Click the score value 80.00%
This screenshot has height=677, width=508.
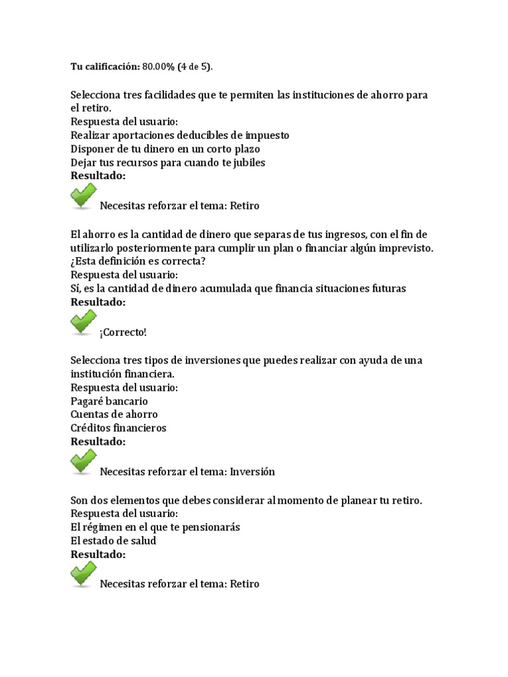pos(161,67)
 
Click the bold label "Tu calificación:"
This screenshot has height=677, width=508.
pos(105,67)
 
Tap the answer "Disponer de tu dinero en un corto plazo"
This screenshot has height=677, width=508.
pos(165,149)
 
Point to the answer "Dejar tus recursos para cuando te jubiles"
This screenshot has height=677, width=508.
pos(168,163)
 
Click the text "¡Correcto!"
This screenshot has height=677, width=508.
pos(123,332)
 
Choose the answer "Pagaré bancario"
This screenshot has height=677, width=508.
pos(109,401)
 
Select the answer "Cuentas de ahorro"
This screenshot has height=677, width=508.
pos(114,415)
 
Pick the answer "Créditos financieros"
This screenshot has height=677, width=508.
pos(118,428)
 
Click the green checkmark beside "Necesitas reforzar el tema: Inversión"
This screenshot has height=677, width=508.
pos(83,463)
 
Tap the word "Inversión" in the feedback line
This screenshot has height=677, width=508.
pos(251,472)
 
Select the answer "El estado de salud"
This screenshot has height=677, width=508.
pos(114,541)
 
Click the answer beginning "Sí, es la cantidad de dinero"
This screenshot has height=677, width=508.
pos(238,288)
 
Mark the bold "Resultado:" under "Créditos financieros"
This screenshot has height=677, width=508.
pos(98,442)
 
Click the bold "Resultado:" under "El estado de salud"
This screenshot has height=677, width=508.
pos(98,555)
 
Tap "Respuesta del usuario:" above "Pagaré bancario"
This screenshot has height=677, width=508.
pos(124,387)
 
